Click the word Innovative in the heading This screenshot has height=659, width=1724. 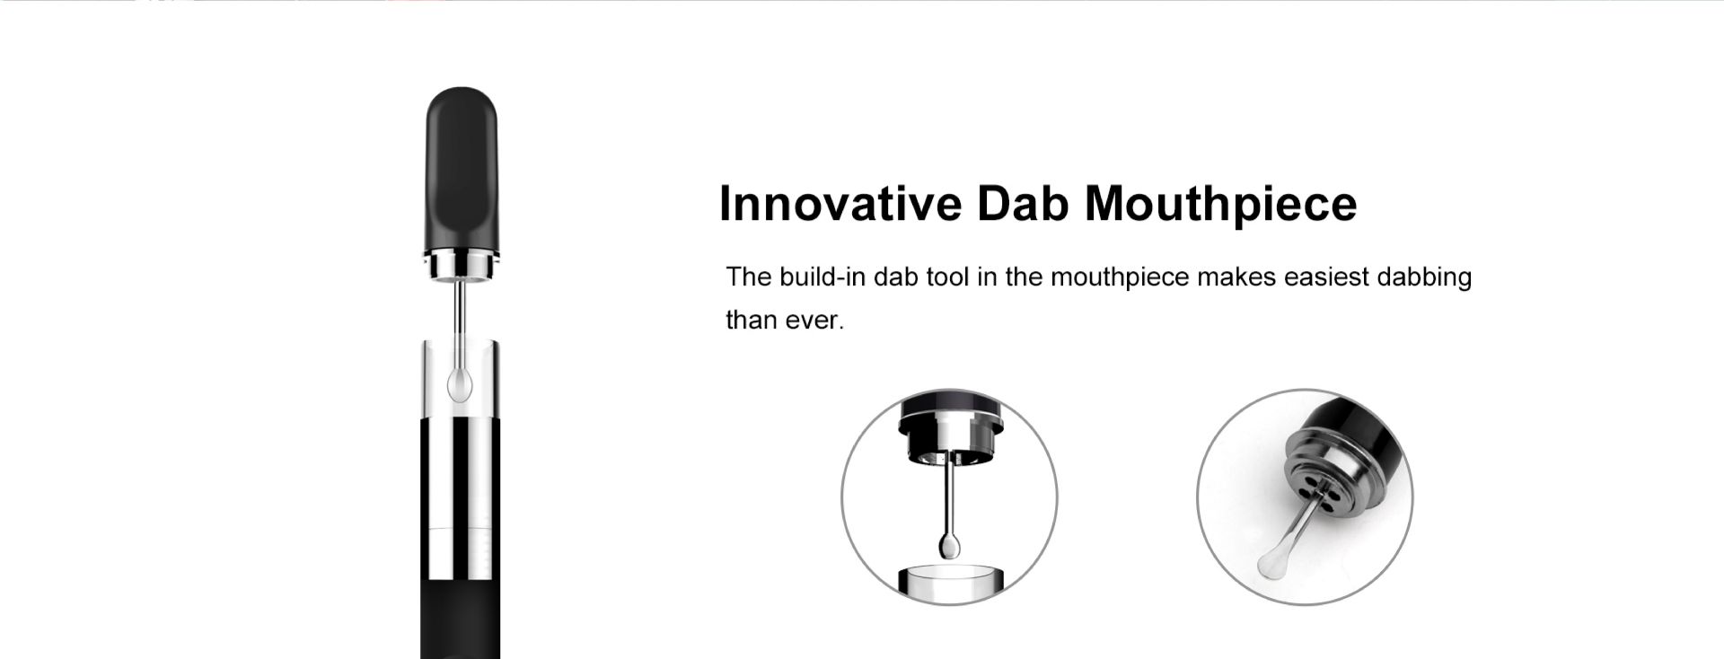[840, 204]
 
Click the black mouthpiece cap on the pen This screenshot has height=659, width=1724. [461, 169]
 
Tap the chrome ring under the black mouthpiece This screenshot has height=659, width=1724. [461, 267]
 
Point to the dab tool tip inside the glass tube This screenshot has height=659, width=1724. [460, 382]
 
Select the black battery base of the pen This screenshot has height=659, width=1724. [461, 619]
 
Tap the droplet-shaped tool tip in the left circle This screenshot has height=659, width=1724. [949, 545]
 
